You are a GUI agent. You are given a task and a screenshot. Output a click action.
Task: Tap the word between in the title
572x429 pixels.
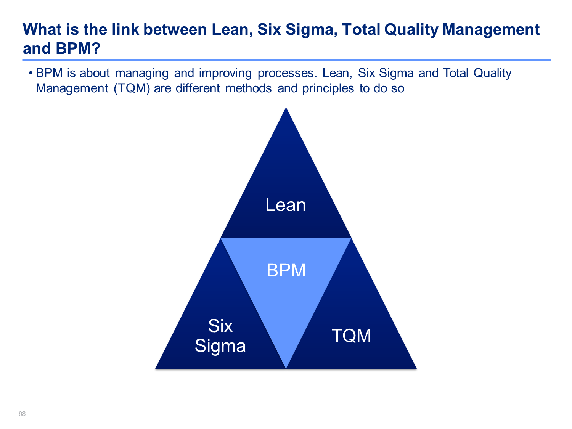click(x=175, y=29)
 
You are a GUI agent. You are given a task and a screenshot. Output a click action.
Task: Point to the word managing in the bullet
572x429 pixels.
click(x=142, y=74)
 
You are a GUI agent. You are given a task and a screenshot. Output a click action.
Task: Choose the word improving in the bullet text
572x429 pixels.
click(x=225, y=74)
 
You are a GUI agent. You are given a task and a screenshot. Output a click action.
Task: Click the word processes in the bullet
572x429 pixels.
click(x=287, y=74)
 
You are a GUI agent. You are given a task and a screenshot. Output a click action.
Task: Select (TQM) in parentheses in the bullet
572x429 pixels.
click(x=132, y=88)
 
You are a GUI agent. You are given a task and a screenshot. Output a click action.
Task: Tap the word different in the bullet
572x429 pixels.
click(x=198, y=88)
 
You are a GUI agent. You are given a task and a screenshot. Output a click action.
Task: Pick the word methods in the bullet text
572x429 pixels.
click(x=248, y=88)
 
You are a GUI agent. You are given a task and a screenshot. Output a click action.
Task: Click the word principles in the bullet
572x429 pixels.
click(x=328, y=88)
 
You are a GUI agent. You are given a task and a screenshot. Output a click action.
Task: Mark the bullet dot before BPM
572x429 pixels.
click(x=31, y=73)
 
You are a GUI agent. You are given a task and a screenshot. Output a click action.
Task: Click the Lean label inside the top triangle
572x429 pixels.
click(x=286, y=205)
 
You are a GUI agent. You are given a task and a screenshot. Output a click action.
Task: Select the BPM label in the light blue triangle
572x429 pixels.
click(x=286, y=270)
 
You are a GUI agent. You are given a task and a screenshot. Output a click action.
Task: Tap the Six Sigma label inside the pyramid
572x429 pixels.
click(x=220, y=336)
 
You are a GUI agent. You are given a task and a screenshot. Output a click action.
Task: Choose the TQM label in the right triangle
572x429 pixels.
click(x=351, y=336)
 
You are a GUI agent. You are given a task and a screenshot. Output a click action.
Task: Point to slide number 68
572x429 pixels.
click(x=22, y=414)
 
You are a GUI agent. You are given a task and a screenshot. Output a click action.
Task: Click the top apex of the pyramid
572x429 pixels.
click(x=286, y=108)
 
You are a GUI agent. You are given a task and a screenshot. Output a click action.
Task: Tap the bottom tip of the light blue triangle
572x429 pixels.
click(x=286, y=368)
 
